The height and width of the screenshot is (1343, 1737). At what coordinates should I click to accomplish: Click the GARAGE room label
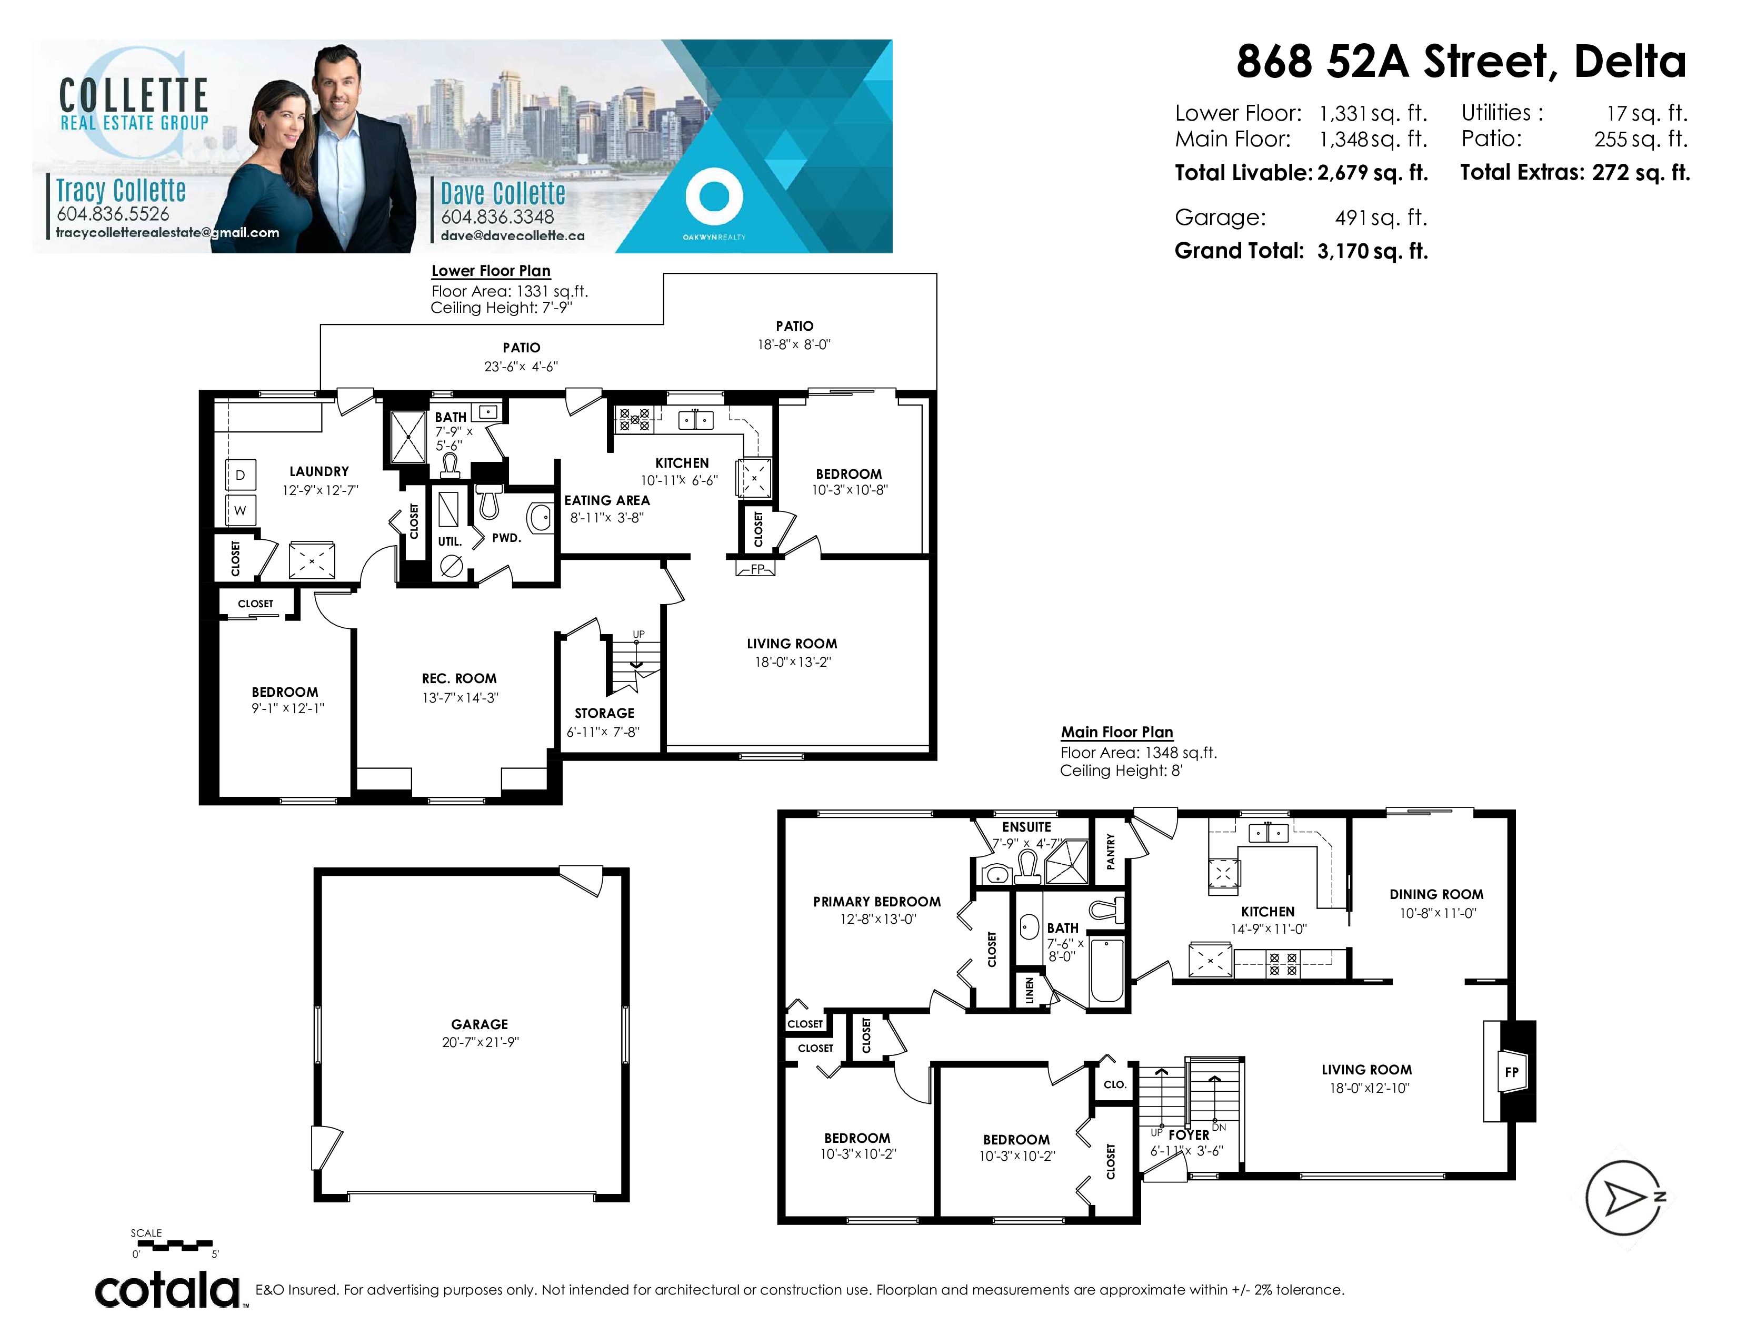pos(479,1024)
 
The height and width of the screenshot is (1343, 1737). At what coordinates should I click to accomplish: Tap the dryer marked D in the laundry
pos(240,475)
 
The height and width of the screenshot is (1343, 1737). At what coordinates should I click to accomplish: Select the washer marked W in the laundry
pos(240,510)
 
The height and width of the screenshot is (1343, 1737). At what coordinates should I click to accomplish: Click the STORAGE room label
pos(604,713)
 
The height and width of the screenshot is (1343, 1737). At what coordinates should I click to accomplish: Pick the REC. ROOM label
pos(459,679)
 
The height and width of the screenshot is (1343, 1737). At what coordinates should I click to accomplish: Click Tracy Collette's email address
pos(167,232)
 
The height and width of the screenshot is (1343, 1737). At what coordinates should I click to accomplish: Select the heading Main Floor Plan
pos(1116,732)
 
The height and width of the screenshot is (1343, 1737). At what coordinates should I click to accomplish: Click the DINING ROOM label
pos(1436,894)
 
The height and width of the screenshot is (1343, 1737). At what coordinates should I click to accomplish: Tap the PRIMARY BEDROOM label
pos(876,902)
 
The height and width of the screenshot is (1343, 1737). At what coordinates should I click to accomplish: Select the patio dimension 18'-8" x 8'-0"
pos(794,344)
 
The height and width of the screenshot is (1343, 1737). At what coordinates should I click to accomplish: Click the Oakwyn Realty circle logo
pos(714,196)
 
